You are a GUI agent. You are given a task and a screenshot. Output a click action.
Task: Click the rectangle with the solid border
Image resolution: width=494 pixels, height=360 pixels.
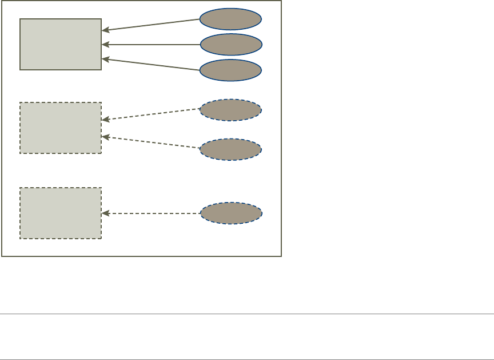click(61, 44)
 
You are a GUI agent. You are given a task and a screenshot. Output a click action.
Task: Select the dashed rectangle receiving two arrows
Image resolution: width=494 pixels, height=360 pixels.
click(61, 128)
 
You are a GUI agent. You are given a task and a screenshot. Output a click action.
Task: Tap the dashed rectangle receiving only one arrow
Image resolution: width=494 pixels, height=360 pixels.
click(61, 213)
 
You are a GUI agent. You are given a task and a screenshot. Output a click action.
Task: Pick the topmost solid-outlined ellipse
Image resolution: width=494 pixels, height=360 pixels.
click(231, 19)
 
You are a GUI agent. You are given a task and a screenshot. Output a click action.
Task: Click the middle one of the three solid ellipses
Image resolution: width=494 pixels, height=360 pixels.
click(231, 44)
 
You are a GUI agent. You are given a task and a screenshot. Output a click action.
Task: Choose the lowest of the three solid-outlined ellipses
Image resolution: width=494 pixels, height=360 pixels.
click(231, 70)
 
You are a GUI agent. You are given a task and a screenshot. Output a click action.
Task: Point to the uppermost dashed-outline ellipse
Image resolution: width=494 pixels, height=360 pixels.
click(231, 110)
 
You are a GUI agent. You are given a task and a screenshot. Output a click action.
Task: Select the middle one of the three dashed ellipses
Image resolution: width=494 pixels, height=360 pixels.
click(231, 149)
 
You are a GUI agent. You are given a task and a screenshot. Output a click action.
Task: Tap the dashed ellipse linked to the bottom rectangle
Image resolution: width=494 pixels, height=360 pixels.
click(231, 213)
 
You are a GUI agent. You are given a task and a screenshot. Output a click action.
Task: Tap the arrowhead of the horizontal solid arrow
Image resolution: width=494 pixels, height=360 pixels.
click(105, 44)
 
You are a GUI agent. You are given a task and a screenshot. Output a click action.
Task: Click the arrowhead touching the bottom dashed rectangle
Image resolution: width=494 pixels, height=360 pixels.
click(105, 213)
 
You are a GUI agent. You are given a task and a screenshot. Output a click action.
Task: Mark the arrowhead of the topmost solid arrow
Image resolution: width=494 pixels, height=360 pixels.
click(105, 30)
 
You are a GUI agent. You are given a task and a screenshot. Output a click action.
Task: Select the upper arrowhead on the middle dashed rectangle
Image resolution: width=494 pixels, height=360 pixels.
click(105, 120)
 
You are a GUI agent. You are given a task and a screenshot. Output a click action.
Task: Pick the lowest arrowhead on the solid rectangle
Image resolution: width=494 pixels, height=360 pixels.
click(105, 58)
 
